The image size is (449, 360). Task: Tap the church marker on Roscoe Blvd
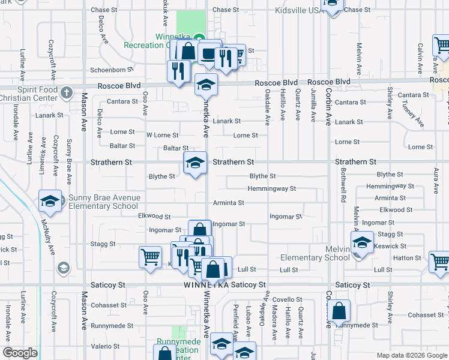pos(66,92)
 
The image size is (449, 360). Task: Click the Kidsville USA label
pos(298,10)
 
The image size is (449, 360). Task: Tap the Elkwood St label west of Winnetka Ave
pos(154,217)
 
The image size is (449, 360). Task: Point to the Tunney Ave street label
pos(413,114)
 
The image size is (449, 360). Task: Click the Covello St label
pos(288,299)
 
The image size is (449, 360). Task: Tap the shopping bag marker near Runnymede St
pos(339,311)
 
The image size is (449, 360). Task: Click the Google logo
pos(20,353)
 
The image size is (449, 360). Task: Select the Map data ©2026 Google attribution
pos(412,355)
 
